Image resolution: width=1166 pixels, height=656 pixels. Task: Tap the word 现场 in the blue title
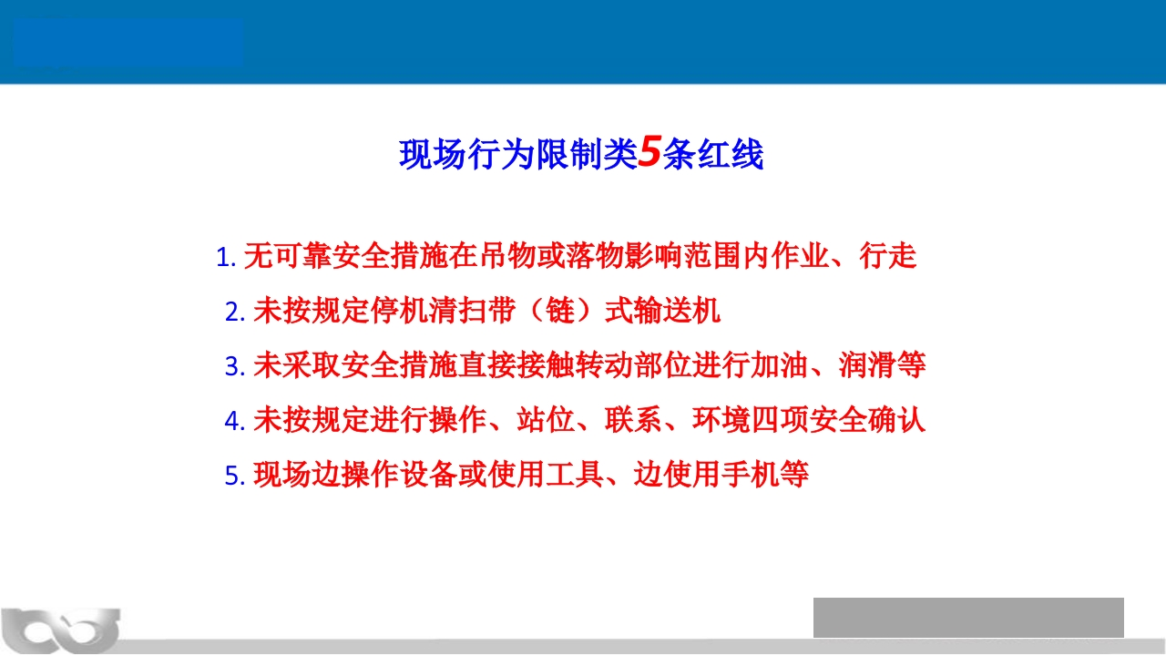click(433, 154)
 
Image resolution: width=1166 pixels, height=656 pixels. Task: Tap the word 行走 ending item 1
click(888, 256)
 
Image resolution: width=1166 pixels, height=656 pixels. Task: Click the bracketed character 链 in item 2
click(560, 311)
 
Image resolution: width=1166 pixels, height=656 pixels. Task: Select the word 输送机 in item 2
click(677, 311)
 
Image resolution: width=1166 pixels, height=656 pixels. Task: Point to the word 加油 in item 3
click(779, 365)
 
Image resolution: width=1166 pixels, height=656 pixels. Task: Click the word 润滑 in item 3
click(867, 365)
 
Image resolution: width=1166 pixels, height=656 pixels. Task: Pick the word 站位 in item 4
click(546, 420)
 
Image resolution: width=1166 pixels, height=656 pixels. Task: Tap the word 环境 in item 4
click(721, 420)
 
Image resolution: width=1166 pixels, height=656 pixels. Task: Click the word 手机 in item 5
click(750, 475)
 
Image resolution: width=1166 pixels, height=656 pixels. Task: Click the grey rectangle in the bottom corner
click(968, 618)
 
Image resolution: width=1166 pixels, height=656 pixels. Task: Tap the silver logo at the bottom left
click(61, 630)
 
